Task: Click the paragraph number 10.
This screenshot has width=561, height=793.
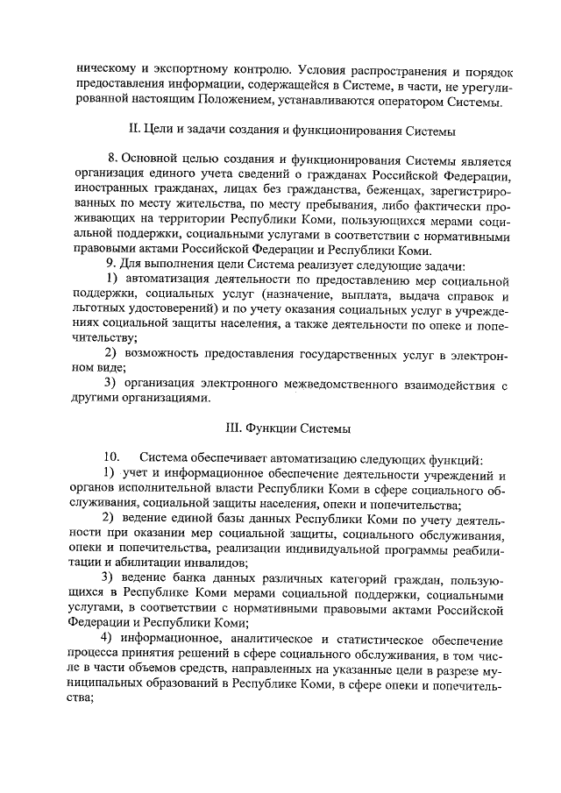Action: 112,458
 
